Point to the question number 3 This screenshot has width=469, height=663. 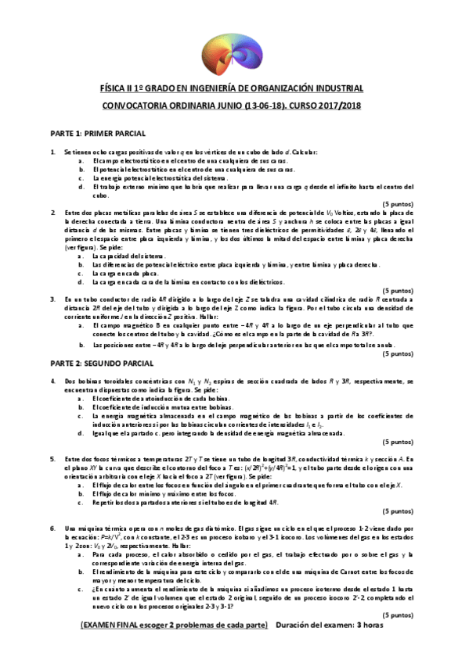tap(31, 299)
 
